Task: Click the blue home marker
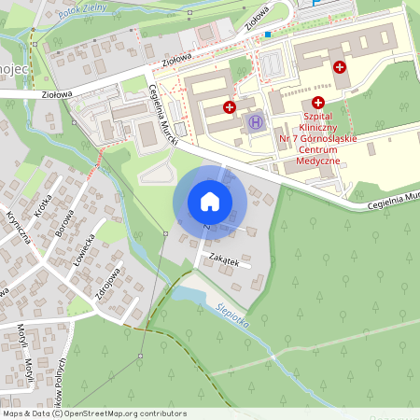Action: pos(209,202)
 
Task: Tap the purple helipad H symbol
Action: pos(255,121)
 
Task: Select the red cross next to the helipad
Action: pos(230,108)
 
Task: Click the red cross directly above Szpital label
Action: pos(318,103)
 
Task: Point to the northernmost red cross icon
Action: pos(340,67)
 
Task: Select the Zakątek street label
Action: pos(226,262)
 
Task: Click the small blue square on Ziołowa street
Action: pos(268,34)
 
